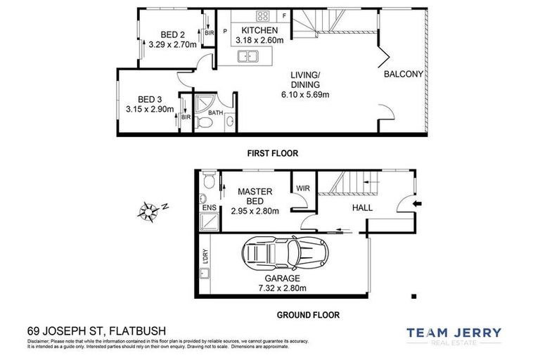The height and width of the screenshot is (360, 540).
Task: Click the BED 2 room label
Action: pos(172,35)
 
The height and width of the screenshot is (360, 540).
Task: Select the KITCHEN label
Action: pos(259,31)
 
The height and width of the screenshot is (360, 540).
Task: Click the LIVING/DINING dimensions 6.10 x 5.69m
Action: pos(306,94)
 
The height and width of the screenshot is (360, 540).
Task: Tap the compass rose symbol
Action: pos(150,210)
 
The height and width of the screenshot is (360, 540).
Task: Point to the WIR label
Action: pos(303,188)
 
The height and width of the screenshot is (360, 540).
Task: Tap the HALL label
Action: pos(363,208)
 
